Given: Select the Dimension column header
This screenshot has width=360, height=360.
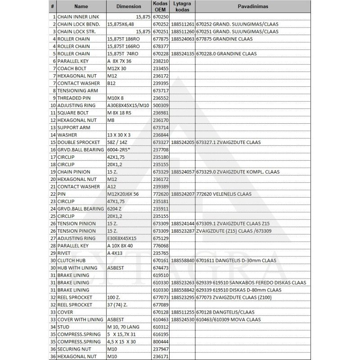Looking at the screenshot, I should (129, 7).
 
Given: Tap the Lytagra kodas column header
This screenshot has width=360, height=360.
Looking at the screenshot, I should (183, 7).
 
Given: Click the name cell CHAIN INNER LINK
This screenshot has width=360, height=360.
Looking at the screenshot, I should (78, 17).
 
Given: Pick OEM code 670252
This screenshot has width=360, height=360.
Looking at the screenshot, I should (160, 24).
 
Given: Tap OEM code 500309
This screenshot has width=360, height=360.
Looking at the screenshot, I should (160, 105).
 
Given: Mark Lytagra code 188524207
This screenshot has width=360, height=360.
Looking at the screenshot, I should (183, 194).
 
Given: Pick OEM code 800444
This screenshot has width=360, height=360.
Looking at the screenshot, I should (160, 342).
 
